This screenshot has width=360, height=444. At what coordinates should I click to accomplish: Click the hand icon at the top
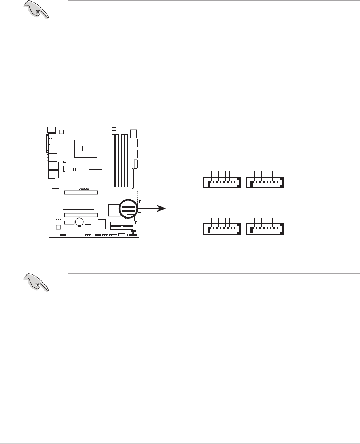click(36, 10)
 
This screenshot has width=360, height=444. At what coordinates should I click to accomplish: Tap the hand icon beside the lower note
click(36, 282)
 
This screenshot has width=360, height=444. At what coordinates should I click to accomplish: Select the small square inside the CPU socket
click(85, 148)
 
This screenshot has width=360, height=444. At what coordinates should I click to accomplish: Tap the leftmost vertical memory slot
click(113, 161)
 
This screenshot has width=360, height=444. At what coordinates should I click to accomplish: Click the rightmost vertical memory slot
click(126, 161)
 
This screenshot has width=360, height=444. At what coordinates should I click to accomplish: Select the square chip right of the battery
click(88, 221)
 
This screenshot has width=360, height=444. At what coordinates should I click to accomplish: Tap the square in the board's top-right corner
click(134, 133)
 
